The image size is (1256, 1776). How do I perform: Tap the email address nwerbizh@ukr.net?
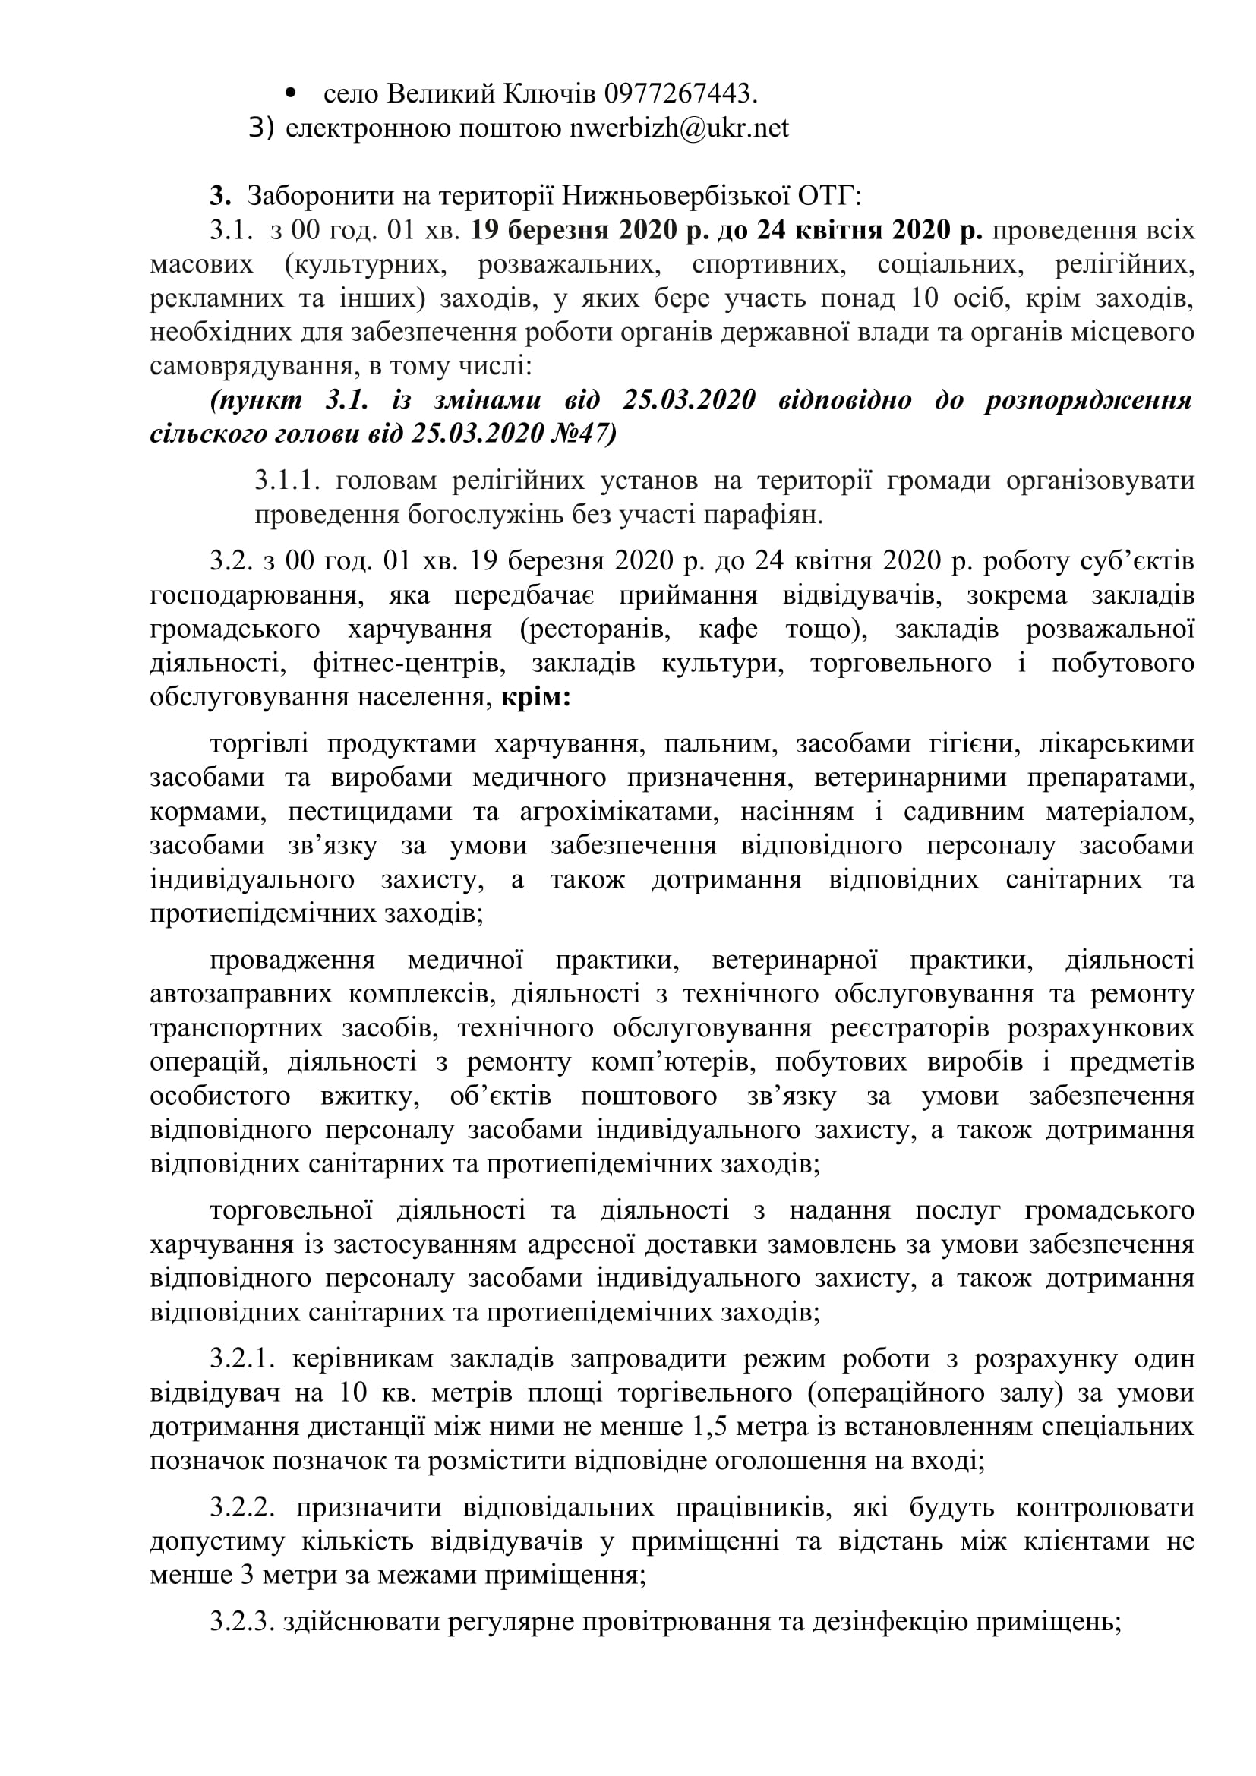click(x=679, y=128)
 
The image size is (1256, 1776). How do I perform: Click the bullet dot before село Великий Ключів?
click(x=292, y=93)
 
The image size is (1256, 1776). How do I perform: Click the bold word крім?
click(x=536, y=698)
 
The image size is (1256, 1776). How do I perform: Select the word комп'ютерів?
click(x=660, y=1062)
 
